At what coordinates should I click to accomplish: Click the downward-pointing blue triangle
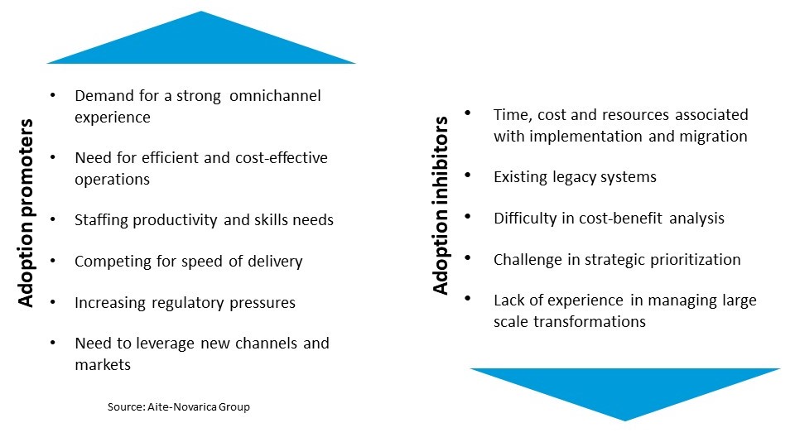coord(625,387)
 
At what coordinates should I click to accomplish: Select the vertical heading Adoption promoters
coord(26,213)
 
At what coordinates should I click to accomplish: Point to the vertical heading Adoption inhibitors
coord(441,205)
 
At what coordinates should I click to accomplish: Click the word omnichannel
coord(275,96)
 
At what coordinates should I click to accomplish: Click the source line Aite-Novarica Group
coord(179,407)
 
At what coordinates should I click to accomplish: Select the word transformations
coord(590,322)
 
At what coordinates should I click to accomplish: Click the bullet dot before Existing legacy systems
coord(468,175)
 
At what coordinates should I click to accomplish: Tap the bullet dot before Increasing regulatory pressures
coord(53,301)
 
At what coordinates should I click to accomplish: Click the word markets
coord(103,365)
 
